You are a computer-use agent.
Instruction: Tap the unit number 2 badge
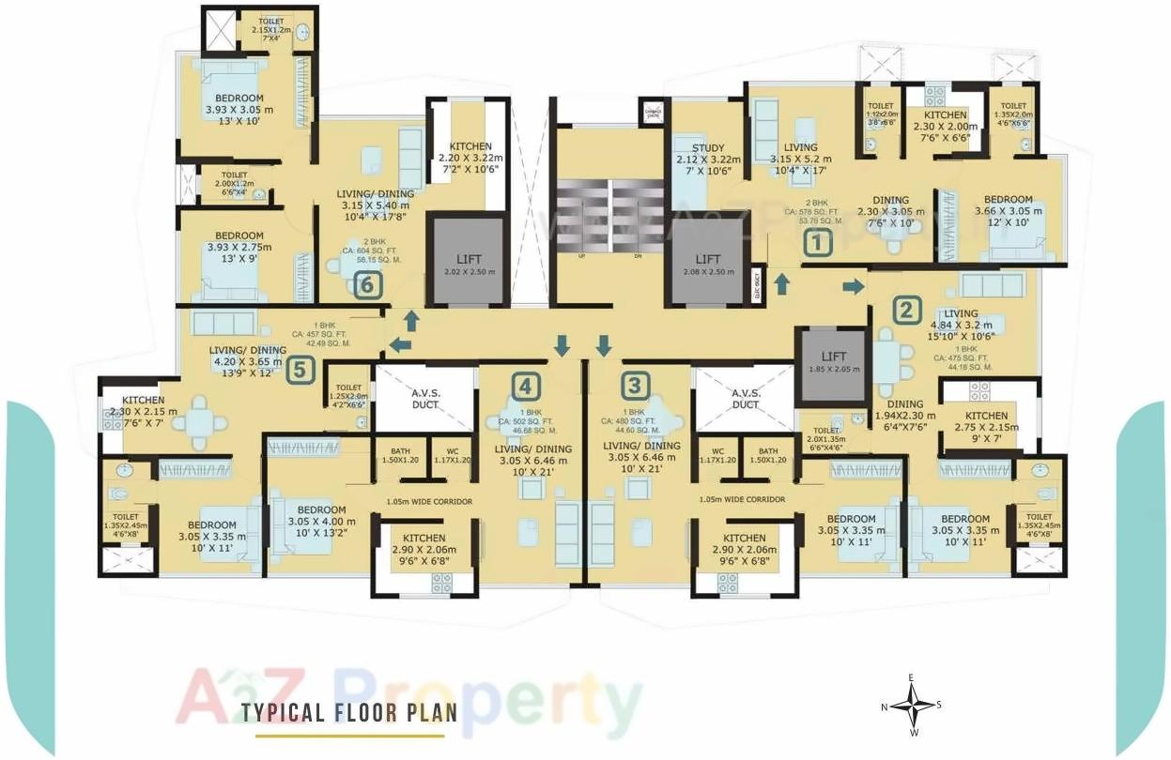[905, 309]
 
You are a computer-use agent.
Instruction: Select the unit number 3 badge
[637, 384]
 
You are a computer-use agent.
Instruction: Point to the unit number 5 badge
[299, 369]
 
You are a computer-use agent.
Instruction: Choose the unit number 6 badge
[368, 283]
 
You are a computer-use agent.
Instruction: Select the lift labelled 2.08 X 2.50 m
[708, 264]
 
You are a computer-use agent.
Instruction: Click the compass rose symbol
[911, 706]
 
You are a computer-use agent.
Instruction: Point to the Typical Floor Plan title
[349, 712]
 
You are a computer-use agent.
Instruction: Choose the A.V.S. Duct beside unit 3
[745, 399]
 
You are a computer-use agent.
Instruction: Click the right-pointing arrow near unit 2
[853, 285]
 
